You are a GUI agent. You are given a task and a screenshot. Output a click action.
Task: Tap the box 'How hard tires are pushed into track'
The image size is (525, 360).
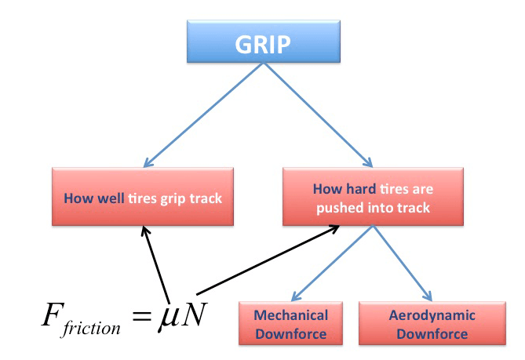click(x=372, y=198)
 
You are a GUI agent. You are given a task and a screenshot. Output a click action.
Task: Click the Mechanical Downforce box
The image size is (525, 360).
click(x=290, y=324)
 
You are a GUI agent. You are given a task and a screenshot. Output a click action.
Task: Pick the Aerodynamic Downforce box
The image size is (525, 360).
click(x=432, y=324)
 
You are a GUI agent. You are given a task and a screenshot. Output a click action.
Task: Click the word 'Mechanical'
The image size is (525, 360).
click(x=290, y=315)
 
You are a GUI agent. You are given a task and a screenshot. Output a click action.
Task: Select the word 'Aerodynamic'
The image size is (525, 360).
click(x=432, y=315)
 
